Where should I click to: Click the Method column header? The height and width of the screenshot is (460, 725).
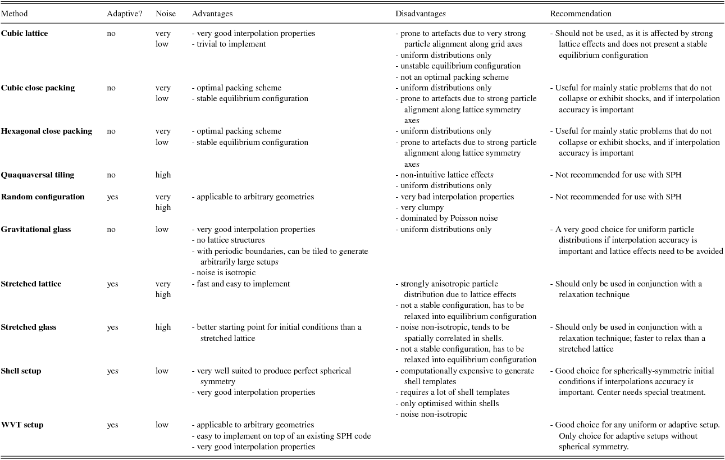[14, 13]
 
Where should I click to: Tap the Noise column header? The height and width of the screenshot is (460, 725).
[165, 13]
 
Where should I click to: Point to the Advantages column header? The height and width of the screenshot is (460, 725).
[212, 13]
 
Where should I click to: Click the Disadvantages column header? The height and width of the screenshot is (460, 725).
[421, 13]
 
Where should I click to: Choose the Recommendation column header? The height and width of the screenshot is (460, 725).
[581, 13]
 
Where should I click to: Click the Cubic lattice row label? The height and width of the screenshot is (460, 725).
[24, 33]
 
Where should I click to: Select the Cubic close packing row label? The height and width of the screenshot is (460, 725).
[38, 88]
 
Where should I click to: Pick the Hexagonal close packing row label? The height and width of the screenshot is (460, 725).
[47, 131]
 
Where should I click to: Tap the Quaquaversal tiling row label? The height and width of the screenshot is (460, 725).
[38, 175]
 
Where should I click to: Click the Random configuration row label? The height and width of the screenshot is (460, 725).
[43, 197]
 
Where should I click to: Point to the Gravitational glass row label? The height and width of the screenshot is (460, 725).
[36, 229]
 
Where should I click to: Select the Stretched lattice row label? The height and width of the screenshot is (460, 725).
[31, 284]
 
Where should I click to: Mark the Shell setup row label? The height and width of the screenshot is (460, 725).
[21, 371]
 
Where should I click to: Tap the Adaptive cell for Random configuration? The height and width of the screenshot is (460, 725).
[112, 197]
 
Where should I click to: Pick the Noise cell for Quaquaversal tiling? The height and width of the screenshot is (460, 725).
[163, 175]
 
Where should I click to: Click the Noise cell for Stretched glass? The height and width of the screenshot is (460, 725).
[163, 327]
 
